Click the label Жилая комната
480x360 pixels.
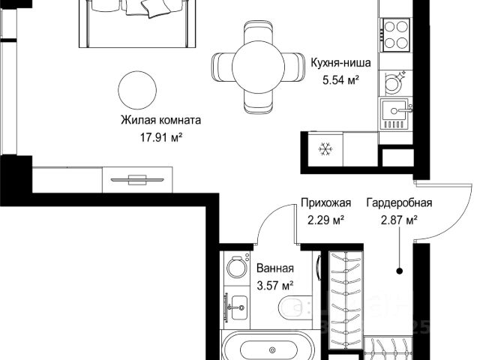tap(161, 120)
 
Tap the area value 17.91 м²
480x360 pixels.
tap(161, 137)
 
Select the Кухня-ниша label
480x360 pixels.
tap(340, 62)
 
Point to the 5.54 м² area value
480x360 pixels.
tap(340, 80)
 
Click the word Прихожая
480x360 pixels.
tap(325, 202)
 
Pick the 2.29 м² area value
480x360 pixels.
tap(325, 220)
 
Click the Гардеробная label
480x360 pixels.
tap(399, 202)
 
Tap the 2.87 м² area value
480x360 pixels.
tap(399, 220)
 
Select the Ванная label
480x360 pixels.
tap(275, 268)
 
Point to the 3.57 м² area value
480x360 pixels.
tap(275, 286)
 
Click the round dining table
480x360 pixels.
tap(258, 67)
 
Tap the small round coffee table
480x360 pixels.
tap(137, 90)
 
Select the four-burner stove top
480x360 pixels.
tap(395, 35)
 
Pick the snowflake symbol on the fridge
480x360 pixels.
tap(325, 149)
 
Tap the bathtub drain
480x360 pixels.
tap(271, 350)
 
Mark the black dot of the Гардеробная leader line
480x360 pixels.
tap(399, 271)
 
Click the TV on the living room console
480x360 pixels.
tap(137, 180)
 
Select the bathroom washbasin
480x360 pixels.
tap(238, 307)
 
